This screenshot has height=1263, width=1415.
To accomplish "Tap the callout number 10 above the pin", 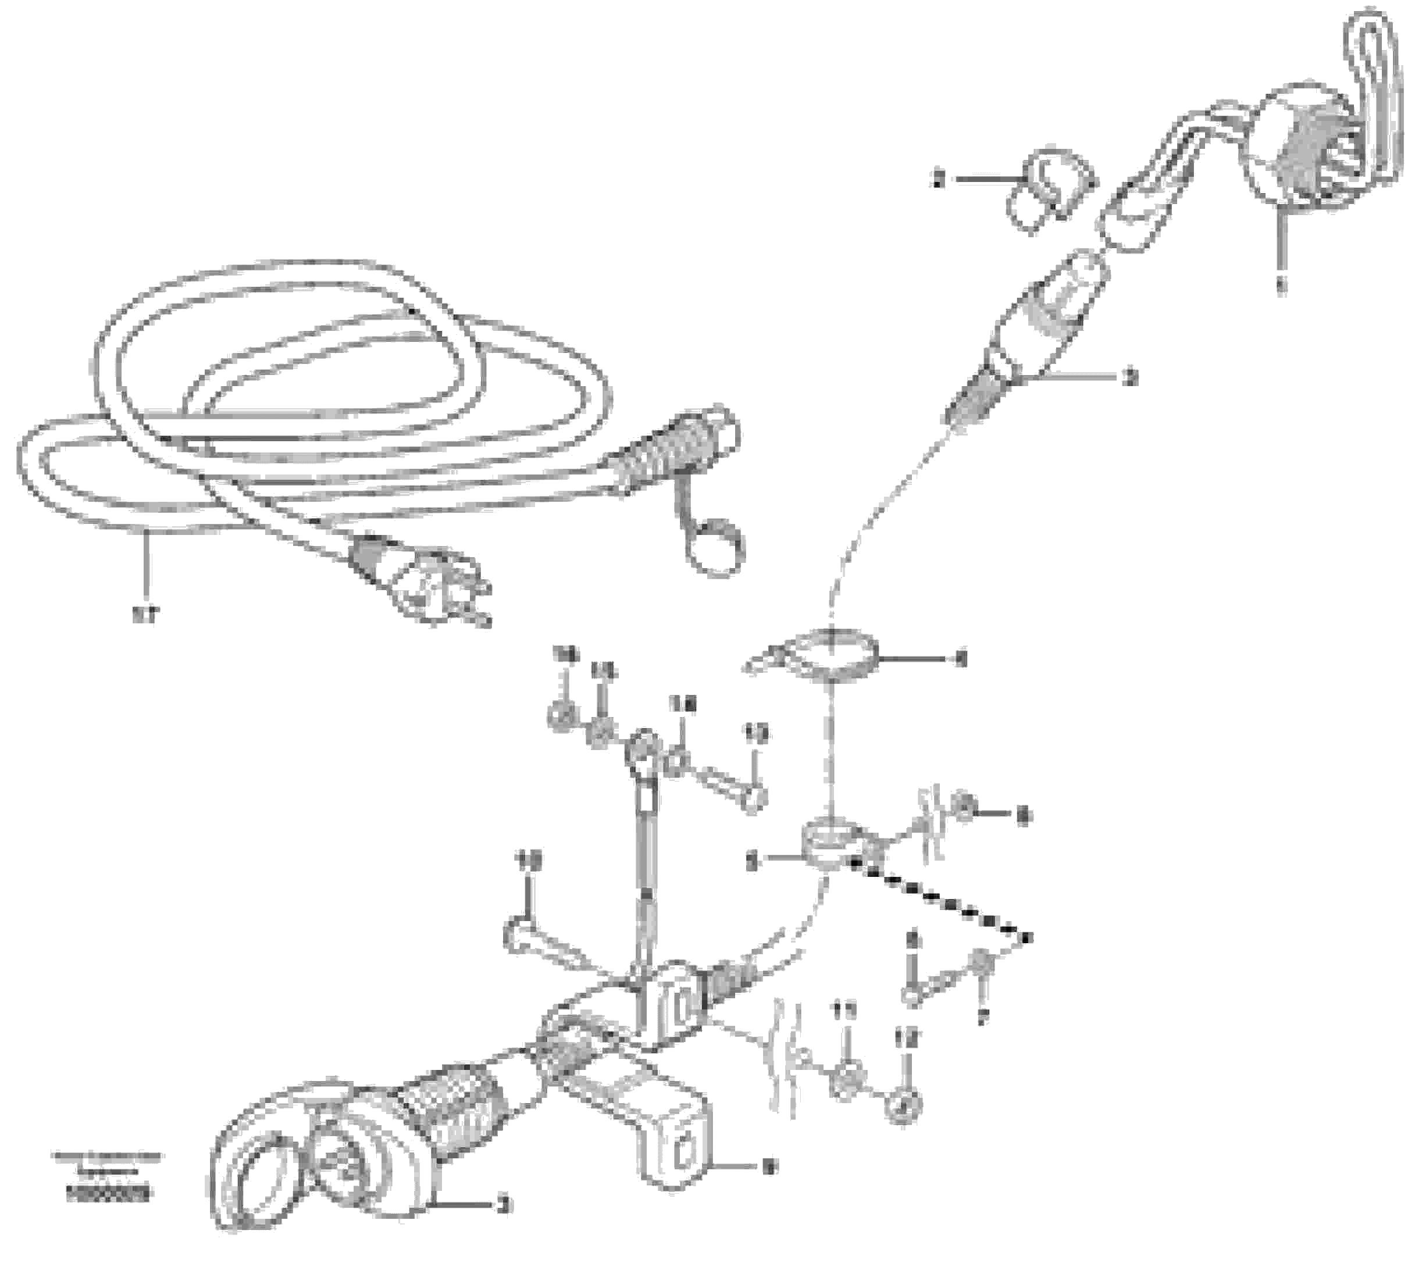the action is [529, 861].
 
